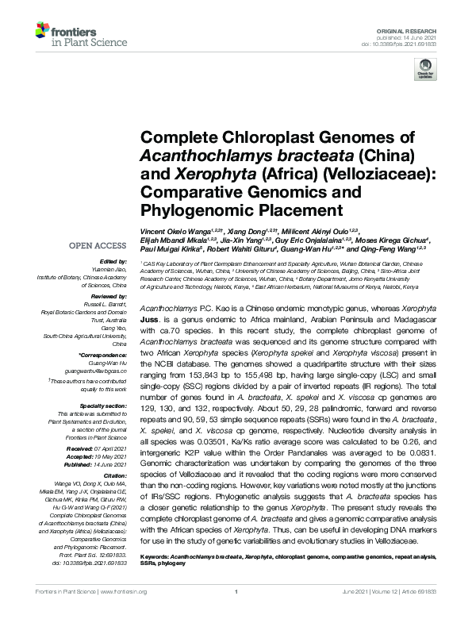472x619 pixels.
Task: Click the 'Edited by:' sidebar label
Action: [113, 262]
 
